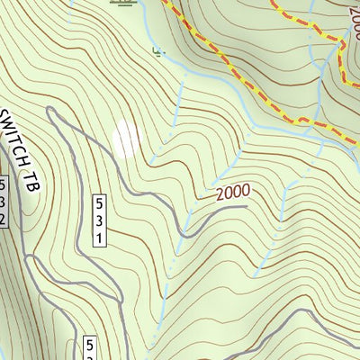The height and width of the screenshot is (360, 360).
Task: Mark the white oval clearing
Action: click(126, 138)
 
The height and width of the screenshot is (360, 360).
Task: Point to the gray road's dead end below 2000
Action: click(246, 206)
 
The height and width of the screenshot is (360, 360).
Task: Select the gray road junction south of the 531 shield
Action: click(114, 297)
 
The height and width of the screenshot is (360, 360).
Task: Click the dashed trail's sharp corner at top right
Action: click(344, 40)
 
